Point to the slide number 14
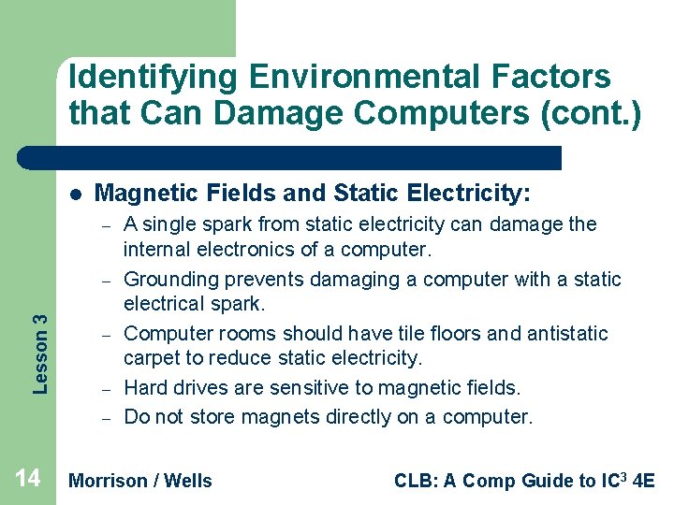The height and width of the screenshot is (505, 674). tap(28, 479)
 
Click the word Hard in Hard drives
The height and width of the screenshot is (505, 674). tap(144, 388)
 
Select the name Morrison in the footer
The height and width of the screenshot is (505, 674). tap(109, 481)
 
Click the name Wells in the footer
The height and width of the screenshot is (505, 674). tap(188, 481)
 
